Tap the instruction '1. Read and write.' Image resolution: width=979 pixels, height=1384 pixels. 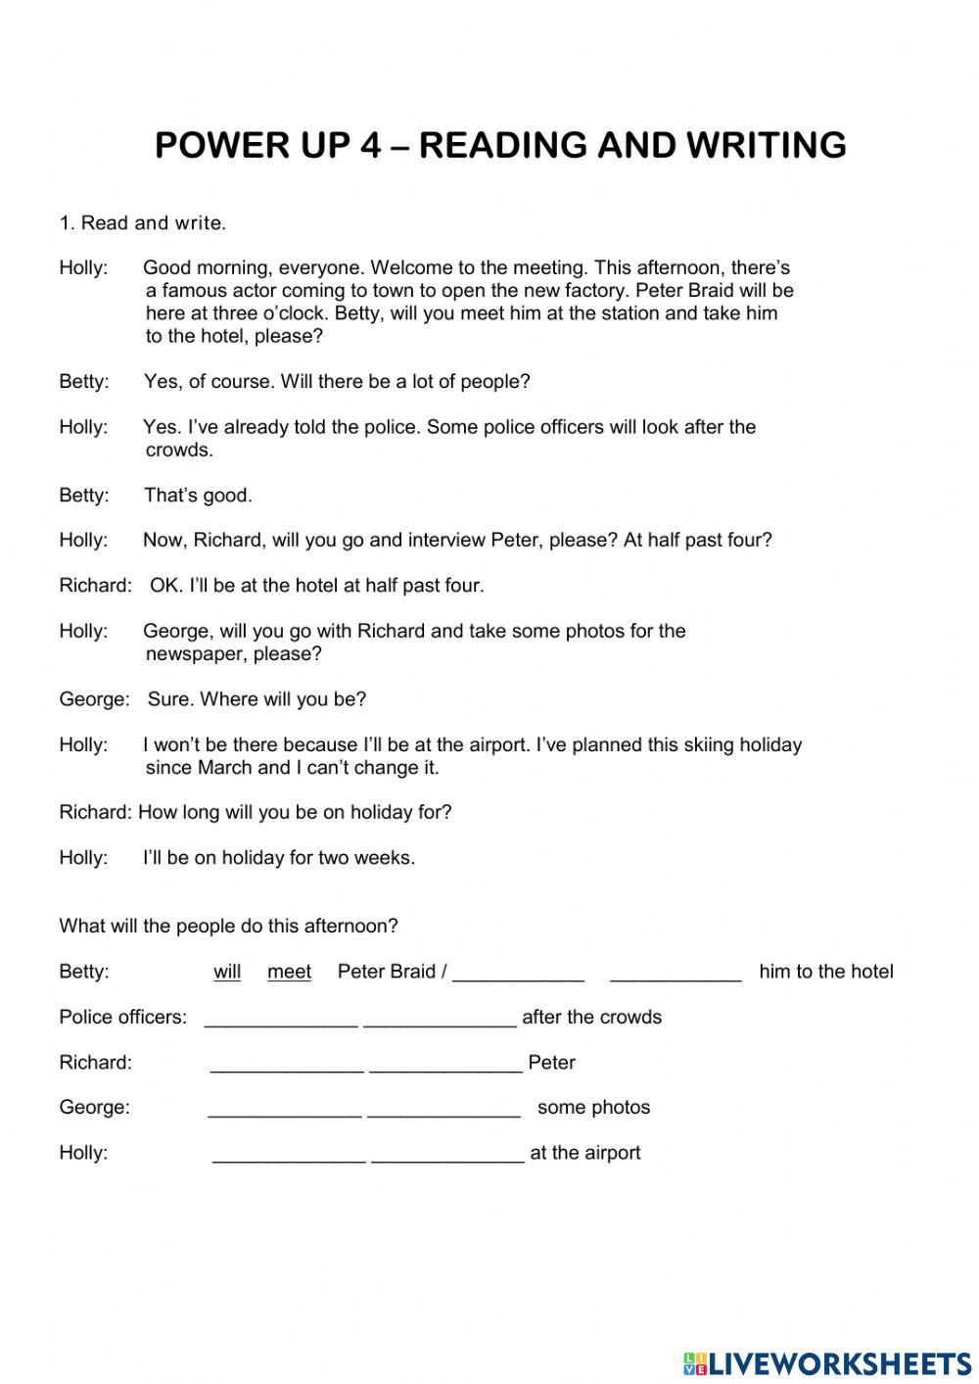(x=143, y=223)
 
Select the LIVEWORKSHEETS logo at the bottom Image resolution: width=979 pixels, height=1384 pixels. (x=827, y=1362)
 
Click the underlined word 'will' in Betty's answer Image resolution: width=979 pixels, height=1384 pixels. (x=227, y=972)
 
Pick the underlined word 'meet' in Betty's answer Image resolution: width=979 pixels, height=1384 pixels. (x=289, y=972)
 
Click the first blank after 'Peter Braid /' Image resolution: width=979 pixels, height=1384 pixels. (x=519, y=975)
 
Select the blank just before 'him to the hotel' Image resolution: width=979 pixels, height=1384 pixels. (x=676, y=975)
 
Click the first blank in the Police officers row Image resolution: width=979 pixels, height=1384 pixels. (x=281, y=1020)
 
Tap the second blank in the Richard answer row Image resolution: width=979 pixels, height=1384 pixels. (x=445, y=1065)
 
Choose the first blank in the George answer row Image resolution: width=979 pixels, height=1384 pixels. (x=285, y=1110)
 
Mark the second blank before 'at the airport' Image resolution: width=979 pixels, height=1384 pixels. (x=447, y=1155)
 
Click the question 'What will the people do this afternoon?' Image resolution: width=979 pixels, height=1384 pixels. (x=229, y=926)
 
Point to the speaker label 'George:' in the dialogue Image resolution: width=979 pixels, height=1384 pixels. (x=94, y=699)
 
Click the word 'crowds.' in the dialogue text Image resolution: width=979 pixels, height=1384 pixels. (x=179, y=451)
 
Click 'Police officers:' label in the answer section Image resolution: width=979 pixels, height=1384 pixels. (x=122, y=1017)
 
